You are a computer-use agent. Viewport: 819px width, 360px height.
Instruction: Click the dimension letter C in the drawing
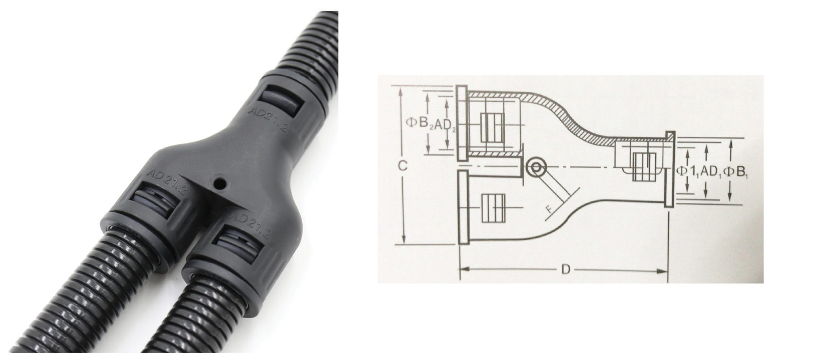click(403, 166)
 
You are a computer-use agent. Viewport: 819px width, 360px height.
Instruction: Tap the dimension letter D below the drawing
click(565, 269)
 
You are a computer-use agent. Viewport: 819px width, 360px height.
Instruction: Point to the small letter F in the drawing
click(549, 209)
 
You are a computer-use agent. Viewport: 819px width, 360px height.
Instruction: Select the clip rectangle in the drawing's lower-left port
click(493, 207)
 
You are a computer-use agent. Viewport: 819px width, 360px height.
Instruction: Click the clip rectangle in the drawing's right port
click(644, 167)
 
